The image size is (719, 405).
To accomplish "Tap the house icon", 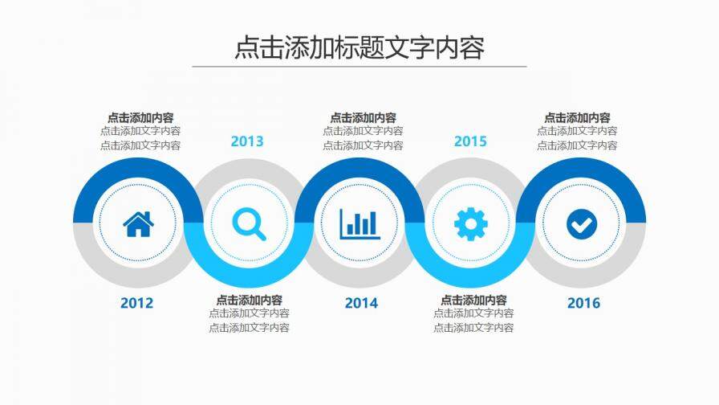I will (138, 223).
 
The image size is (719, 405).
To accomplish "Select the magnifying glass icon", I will (249, 223).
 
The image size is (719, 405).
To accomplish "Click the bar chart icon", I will (359, 223).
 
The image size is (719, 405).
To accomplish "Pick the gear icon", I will (470, 223).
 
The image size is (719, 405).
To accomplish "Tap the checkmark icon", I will (582, 223).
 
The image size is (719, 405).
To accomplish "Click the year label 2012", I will (136, 303).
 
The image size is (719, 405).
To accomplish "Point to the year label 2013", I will (247, 141).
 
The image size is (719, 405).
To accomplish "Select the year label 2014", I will (361, 303).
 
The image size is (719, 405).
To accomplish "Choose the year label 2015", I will (470, 141).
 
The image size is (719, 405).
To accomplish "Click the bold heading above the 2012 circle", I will (140, 117).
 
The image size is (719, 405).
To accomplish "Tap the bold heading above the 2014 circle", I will (363, 117).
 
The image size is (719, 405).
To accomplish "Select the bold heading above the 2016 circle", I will (577, 117).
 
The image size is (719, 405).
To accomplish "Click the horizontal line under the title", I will (359, 67).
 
